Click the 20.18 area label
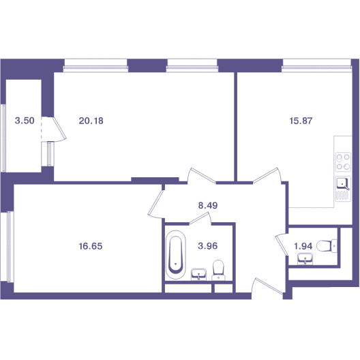coord(91,121)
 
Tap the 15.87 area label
coord(301,121)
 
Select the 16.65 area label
coord(91,246)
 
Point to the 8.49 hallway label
coord(208,205)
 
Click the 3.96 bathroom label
coord(207,246)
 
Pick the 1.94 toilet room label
coord(303,246)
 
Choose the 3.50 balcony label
coord(25,120)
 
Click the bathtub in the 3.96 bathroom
coord(176,254)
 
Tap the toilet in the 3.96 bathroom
coord(218,270)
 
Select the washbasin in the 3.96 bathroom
coord(198,274)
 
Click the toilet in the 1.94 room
coord(327,246)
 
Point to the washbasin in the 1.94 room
coord(305,259)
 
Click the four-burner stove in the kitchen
coord(343,162)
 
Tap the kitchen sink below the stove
coord(343,189)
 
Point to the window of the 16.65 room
coord(7,247)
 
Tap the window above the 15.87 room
coord(317,65)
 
